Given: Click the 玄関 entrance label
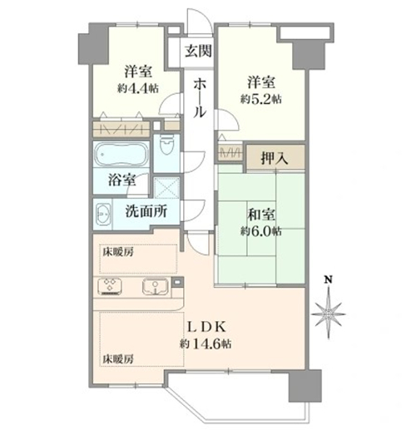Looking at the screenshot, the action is (x=199, y=51).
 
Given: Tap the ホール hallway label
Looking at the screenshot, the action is (x=200, y=97).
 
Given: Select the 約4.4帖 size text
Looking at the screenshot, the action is (x=138, y=89).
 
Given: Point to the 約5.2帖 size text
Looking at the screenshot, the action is (x=261, y=99).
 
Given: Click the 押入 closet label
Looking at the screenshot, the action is (x=275, y=159).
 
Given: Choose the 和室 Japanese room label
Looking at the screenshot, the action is (x=261, y=215).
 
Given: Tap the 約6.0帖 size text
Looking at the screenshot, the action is (x=261, y=231).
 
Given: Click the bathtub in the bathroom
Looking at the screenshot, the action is (x=121, y=155).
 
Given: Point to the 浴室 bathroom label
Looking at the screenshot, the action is (x=122, y=180).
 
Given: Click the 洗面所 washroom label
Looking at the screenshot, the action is (x=146, y=211).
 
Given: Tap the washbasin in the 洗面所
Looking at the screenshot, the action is (x=103, y=215).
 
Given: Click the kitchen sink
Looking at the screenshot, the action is (x=156, y=286).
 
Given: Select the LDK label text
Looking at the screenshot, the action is (x=206, y=328).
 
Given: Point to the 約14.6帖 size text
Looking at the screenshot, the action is (x=206, y=344).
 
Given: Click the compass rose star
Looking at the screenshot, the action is (x=329, y=314).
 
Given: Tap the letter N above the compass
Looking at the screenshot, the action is (x=329, y=279).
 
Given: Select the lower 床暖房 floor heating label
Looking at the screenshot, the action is (x=118, y=359).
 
